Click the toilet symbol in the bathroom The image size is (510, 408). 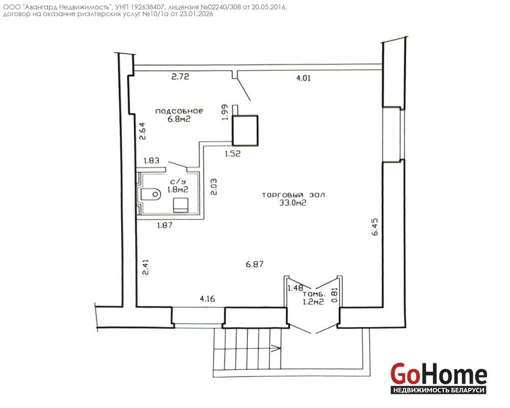(x=150, y=194)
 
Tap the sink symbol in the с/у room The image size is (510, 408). (x=181, y=205)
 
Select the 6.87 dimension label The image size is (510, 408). (x=254, y=264)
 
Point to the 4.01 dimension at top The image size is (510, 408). (x=303, y=78)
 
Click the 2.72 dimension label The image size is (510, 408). (x=180, y=77)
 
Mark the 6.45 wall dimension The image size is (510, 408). (x=375, y=226)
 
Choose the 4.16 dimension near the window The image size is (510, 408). (x=208, y=299)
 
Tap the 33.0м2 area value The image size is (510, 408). (x=293, y=203)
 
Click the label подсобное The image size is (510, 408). (x=179, y=111)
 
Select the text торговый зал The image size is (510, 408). (x=293, y=195)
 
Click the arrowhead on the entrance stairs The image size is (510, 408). (x=276, y=349)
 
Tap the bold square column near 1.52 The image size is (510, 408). (x=245, y=130)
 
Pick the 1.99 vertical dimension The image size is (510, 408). (x=225, y=113)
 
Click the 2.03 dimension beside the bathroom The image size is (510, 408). (x=214, y=187)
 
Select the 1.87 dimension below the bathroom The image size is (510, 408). (x=165, y=225)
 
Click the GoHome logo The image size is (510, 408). (x=439, y=378)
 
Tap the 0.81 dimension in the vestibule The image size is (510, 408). (x=335, y=295)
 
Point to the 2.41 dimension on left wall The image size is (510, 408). (x=145, y=267)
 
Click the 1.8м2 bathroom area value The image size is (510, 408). (x=178, y=189)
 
